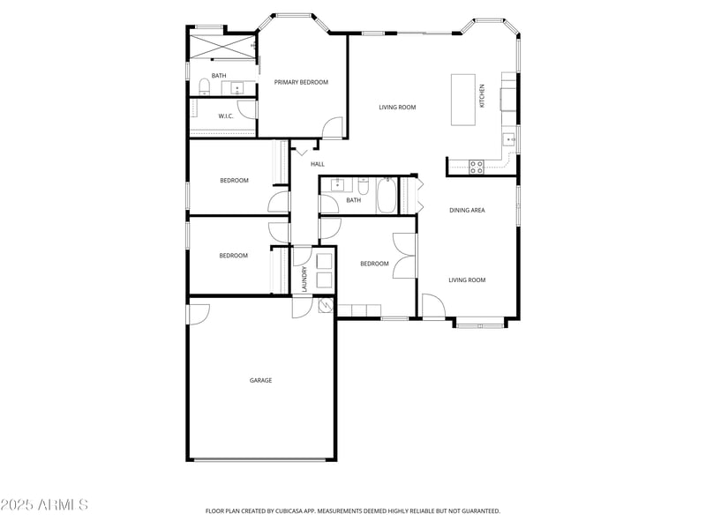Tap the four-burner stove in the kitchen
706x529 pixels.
pos(477,167)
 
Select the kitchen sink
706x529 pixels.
pos(509,139)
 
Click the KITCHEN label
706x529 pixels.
pos(482,96)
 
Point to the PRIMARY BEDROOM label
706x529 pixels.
pos(301,82)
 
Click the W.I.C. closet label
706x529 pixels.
pos(225,115)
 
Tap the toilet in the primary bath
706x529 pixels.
pos(205,86)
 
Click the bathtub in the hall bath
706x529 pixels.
pos(387,195)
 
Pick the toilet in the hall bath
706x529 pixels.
pos(363,186)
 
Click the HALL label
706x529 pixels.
pos(318,164)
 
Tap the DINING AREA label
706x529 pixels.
pos(467,210)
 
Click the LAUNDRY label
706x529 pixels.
pos(304,278)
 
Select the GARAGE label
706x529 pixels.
pos(260,380)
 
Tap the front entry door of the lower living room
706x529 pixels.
pos(432,308)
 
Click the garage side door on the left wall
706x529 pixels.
pos(198,314)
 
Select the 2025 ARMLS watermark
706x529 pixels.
pos(44,505)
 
